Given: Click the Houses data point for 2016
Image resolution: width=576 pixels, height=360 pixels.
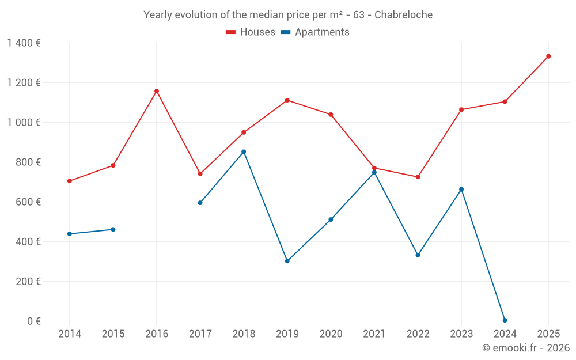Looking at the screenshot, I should tap(157, 91).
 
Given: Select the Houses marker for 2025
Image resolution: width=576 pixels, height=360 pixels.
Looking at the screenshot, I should tap(548, 56).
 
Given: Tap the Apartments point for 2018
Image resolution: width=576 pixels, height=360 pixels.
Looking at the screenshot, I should tap(244, 152).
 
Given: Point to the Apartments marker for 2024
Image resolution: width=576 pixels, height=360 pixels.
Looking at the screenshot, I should tap(505, 320).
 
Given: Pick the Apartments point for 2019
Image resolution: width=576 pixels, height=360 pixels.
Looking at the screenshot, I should tap(287, 261).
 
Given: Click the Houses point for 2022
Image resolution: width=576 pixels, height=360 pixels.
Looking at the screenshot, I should tap(418, 177).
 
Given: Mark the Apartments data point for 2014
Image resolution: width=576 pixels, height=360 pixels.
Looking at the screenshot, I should tap(70, 234).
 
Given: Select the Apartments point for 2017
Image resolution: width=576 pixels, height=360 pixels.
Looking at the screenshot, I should tap(200, 203).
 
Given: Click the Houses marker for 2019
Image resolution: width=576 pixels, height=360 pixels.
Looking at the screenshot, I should tap(287, 100).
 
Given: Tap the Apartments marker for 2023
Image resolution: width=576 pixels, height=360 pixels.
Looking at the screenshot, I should tap(461, 190).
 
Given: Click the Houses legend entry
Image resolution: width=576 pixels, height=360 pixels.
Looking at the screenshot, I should tap(251, 32).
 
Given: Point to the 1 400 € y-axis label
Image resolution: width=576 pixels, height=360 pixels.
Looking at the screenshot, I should tap(24, 43).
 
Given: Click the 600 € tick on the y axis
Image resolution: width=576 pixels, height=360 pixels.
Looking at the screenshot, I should tap(27, 202).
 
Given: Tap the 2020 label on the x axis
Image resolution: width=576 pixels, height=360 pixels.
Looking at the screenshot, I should tap(331, 334).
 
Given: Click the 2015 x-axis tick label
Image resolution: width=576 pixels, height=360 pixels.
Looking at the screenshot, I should tap(113, 334).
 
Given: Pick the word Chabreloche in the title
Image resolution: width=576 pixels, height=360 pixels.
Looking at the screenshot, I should tap(403, 15).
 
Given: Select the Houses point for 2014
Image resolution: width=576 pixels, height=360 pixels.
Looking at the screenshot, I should tap(70, 181).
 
